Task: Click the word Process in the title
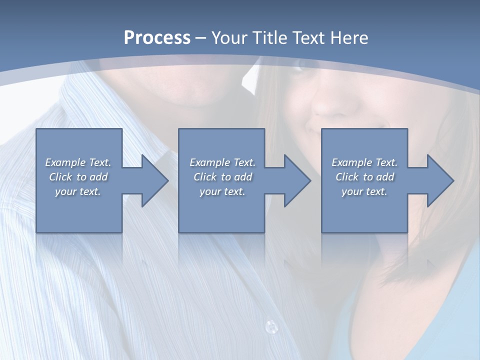tap(157, 38)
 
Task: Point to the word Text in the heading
tap(310, 38)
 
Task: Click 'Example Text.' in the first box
tap(78, 162)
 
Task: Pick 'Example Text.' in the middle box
tap(222, 162)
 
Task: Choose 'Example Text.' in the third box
tap(364, 162)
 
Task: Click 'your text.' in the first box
tap(78, 191)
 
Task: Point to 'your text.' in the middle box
tap(222, 191)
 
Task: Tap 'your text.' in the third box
tap(364, 191)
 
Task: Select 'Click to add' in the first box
tap(78, 177)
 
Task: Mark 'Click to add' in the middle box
tap(222, 177)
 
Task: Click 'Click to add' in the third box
tap(364, 177)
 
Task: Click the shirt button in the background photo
tap(271, 326)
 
